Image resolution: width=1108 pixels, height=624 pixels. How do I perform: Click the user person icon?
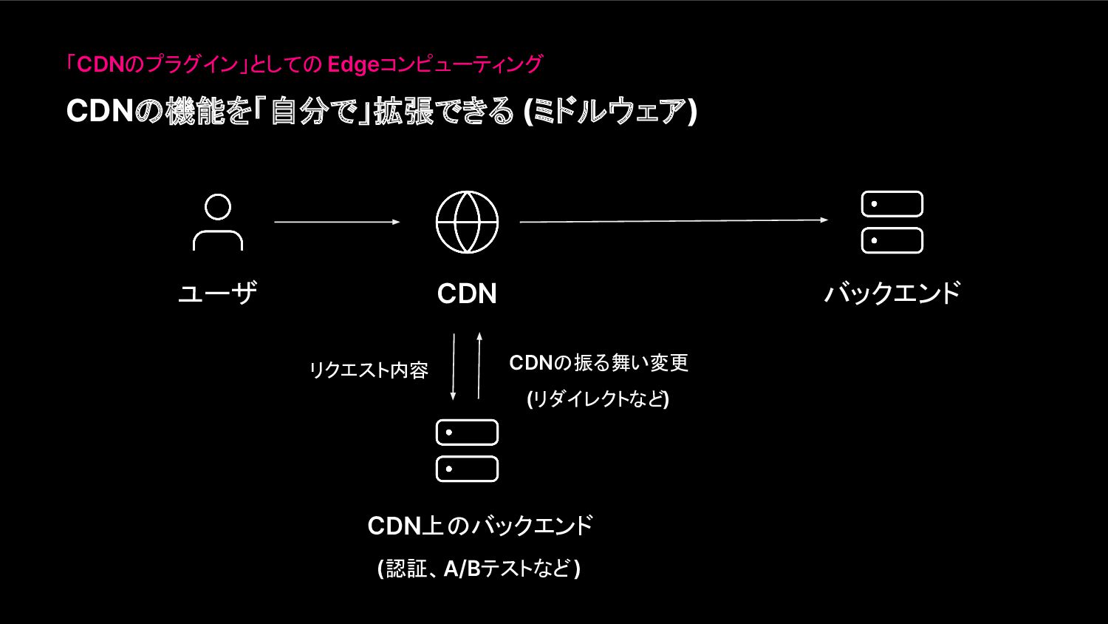[218, 222]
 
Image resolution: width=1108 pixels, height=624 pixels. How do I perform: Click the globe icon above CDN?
[467, 222]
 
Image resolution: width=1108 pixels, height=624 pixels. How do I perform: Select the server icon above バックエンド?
[892, 223]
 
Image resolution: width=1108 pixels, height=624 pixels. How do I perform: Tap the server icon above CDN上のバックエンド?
[467, 450]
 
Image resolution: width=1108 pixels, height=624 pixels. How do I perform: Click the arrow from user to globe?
[337, 222]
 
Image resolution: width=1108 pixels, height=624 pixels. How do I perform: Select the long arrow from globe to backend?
[674, 220]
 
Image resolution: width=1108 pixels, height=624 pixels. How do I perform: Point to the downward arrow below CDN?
[454, 367]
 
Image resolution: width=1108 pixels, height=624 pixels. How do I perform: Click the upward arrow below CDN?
[479, 367]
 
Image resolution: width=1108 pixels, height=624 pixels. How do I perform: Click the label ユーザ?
[218, 294]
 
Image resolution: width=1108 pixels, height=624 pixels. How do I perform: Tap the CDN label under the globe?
[467, 294]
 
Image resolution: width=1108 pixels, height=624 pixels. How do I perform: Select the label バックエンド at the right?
[892, 294]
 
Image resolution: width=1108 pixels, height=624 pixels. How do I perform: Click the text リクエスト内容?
[369, 370]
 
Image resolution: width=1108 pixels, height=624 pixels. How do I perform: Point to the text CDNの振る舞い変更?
[598, 363]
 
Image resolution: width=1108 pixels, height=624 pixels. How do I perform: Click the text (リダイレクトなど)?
[598, 399]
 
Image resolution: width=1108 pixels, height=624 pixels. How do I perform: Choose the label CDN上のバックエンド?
[480, 526]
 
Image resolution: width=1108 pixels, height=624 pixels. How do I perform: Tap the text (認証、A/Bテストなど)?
[479, 569]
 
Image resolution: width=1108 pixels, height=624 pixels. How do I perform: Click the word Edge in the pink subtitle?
[352, 64]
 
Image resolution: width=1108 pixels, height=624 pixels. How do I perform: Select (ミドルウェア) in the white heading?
[610, 112]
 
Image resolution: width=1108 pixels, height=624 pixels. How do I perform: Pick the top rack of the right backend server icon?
[892, 204]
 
